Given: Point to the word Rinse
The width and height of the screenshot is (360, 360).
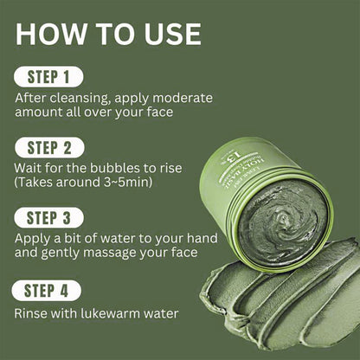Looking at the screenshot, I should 31,312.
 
